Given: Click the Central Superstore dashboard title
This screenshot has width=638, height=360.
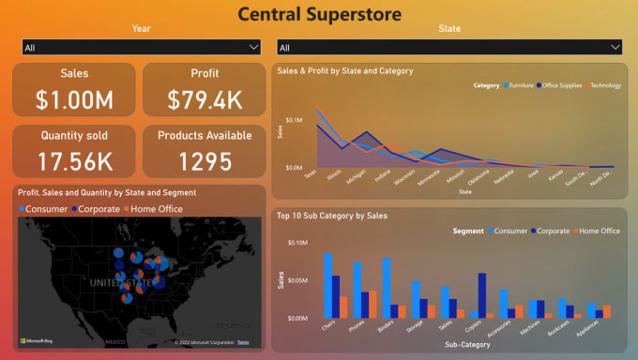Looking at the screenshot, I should (x=319, y=13).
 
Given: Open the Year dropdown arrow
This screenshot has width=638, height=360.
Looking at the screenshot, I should (x=253, y=47).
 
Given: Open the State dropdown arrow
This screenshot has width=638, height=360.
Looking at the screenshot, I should (x=615, y=47).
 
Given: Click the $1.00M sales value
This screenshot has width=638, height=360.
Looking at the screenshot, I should (x=73, y=97).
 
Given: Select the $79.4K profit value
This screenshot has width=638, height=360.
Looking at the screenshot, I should (x=205, y=97).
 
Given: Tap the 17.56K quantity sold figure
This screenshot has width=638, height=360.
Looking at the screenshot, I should (x=73, y=160).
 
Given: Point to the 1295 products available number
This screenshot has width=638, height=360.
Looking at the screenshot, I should (x=205, y=160).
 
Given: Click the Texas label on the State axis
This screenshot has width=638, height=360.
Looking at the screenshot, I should (x=311, y=174).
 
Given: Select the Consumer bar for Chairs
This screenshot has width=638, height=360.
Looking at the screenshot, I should (x=328, y=285).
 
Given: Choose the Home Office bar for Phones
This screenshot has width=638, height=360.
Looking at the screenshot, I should (x=372, y=304).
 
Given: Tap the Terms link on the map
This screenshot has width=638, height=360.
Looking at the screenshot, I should (x=243, y=341).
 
